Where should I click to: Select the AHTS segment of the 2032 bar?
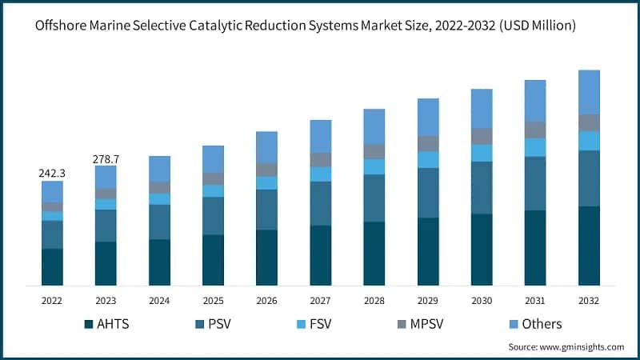[589, 246]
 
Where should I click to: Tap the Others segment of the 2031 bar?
[535, 100]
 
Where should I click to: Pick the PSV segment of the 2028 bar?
[374, 198]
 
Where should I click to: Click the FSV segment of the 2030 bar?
[482, 153]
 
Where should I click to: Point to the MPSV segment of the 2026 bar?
[266, 170]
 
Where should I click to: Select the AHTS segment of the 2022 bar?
[52, 266]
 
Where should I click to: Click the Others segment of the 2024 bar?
[159, 168]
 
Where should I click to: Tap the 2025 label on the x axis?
[213, 301]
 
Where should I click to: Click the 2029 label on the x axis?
[428, 301]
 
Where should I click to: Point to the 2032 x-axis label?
[589, 301]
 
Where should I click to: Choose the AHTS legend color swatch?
[89, 324]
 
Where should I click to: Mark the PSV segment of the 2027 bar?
[320, 203]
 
